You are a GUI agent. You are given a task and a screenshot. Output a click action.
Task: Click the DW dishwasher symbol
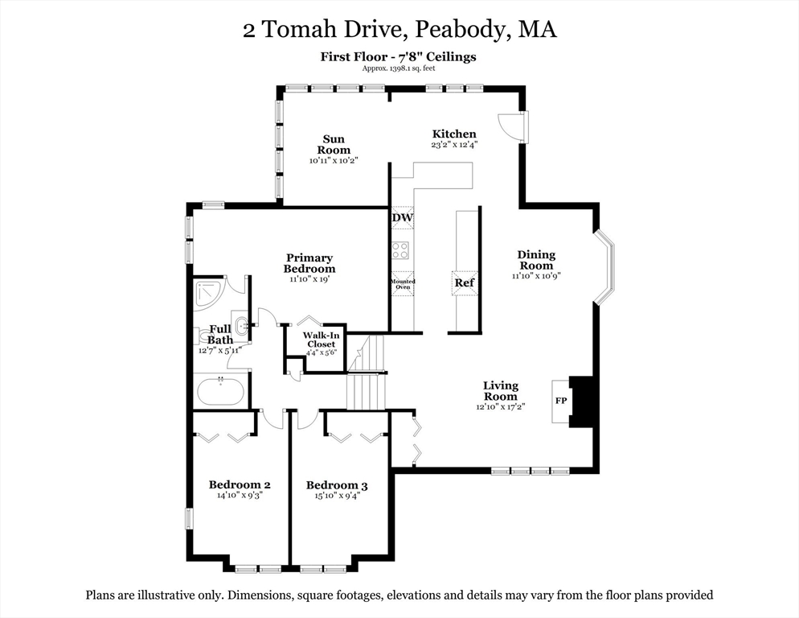point(402,218)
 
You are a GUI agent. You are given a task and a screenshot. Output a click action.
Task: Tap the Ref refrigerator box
point(464,282)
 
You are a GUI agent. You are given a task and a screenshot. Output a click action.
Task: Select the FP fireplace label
point(560,400)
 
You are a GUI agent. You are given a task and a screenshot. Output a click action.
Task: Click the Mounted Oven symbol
point(402,284)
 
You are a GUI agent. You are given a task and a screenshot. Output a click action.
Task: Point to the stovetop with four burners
point(400,249)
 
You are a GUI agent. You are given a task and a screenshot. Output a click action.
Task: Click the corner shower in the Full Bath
point(208,294)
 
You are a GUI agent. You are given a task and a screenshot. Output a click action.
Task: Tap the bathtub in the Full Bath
point(219,392)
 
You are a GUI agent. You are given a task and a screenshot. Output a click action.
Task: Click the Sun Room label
point(334,145)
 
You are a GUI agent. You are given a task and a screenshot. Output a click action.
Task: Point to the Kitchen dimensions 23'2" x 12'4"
point(454,146)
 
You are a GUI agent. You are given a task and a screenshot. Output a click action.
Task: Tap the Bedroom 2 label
point(240,484)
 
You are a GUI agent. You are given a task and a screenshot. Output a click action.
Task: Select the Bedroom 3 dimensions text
point(337,496)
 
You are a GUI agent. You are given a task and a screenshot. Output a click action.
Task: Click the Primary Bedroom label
point(309,263)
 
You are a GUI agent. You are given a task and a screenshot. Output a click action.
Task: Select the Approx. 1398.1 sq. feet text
point(398,68)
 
